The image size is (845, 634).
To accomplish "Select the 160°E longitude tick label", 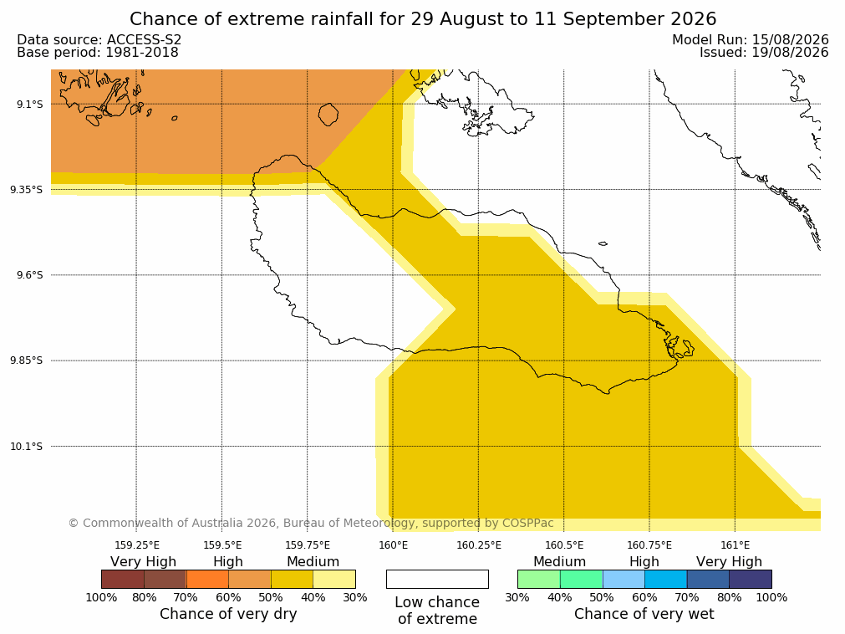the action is click(393, 545).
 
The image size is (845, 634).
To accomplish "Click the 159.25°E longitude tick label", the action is click(137, 545).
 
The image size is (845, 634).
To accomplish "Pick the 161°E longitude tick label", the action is click(735, 545).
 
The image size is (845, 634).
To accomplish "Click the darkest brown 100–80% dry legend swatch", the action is click(123, 579).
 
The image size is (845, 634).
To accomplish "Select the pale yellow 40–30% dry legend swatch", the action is click(334, 579).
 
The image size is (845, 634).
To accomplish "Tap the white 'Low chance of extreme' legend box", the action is click(437, 579).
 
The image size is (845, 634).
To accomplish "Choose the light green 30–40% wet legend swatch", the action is click(539, 579).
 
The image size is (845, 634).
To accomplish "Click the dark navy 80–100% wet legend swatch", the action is click(751, 579).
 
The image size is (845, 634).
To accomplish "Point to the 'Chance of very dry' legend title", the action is click(228, 614).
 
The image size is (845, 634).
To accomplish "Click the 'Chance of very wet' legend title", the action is click(644, 614).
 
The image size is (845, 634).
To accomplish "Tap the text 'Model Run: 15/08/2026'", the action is click(751, 40).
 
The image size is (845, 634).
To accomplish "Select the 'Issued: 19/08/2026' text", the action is click(764, 53).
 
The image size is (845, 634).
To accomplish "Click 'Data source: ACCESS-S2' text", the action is click(99, 40).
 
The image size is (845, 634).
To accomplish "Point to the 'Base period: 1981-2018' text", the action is click(98, 53).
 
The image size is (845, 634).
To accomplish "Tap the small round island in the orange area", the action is click(328, 115).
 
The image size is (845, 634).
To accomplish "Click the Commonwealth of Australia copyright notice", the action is click(311, 523).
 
